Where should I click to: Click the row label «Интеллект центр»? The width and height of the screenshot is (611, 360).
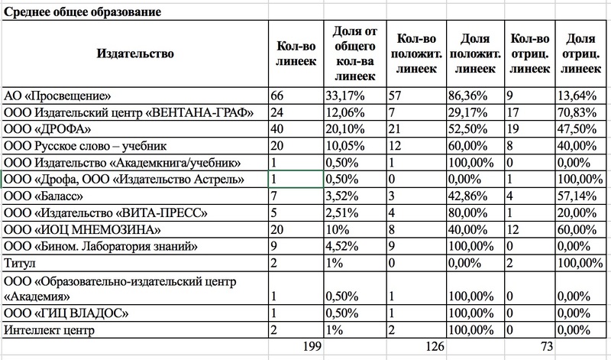(49, 329)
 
